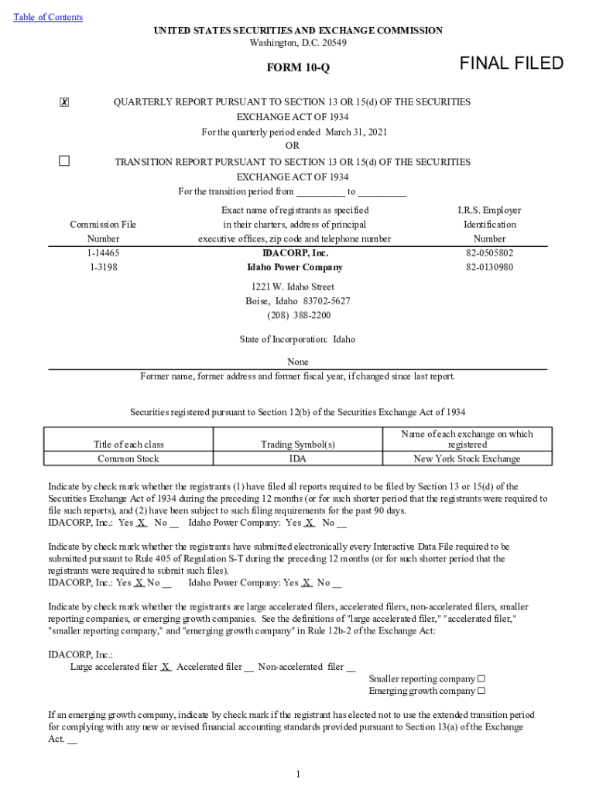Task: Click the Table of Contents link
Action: [48, 17]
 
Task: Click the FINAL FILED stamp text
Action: [512, 64]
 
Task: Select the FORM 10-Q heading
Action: [298, 67]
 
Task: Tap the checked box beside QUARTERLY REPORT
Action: [64, 103]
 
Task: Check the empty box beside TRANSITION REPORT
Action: [64, 161]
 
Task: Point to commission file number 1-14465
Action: [103, 253]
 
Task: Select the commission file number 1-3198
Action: [103, 267]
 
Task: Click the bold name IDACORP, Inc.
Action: [296, 253]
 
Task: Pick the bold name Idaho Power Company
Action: [294, 267]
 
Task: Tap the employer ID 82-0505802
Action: [489, 253]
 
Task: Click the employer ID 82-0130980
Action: [489, 267]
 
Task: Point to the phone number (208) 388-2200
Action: [299, 315]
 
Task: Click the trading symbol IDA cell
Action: [298, 458]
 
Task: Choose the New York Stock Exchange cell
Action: [467, 458]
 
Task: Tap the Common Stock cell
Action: [128, 458]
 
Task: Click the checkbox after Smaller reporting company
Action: [481, 679]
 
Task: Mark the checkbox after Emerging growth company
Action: [481, 691]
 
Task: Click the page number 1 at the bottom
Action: [298, 774]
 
